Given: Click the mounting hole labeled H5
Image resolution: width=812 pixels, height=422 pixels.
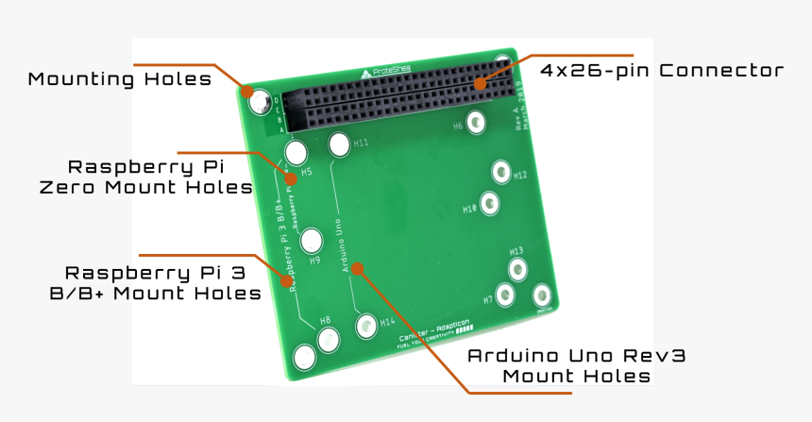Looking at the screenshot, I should click(296, 152).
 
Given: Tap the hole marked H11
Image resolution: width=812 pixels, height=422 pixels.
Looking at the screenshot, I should click(339, 144).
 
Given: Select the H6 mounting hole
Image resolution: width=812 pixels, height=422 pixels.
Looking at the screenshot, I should click(476, 123).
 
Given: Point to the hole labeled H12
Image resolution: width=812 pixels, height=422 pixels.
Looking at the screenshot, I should click(500, 172).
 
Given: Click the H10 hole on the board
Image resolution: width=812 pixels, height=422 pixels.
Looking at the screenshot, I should click(489, 203).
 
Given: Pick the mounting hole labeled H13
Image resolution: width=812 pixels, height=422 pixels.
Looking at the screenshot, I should click(516, 269).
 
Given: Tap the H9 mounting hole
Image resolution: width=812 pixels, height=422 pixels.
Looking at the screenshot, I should click(311, 242).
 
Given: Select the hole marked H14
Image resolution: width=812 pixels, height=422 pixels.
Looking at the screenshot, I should click(366, 326).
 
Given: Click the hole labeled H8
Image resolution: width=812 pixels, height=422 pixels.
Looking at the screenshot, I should click(328, 340).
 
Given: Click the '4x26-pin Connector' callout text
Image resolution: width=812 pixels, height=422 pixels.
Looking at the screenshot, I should click(662, 71).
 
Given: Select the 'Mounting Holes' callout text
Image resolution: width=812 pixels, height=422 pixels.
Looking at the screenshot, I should click(120, 78).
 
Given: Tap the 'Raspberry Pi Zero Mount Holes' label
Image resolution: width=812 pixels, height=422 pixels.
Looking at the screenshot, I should click(146, 177).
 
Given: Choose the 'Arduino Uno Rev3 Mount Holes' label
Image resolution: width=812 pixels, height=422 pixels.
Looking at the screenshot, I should click(576, 365).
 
